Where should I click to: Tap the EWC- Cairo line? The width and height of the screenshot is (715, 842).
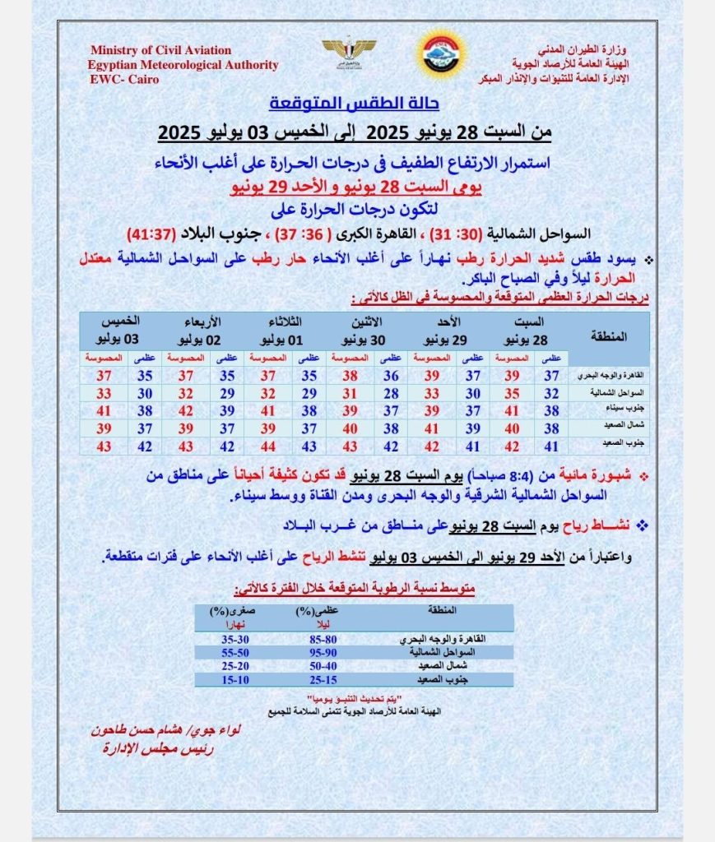(124, 80)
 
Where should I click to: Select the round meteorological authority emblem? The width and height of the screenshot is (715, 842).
(441, 56)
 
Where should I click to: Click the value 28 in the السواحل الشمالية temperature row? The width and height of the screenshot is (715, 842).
(391, 393)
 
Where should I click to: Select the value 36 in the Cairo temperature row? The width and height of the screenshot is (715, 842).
(391, 376)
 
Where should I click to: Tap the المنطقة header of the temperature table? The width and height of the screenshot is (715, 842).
(610, 335)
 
